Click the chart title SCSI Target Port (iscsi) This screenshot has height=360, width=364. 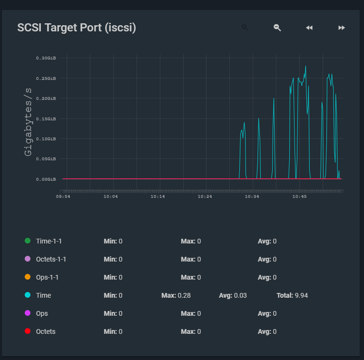[x=77, y=28]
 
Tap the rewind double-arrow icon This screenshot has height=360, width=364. [x=309, y=28]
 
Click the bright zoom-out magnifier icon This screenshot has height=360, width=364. [x=277, y=28]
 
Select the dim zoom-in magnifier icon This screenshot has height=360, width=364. [x=245, y=28]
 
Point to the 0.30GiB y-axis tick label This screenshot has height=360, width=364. [x=46, y=58]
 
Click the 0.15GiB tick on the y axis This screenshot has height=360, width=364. [x=46, y=118]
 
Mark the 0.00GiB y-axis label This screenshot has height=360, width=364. [x=46, y=179]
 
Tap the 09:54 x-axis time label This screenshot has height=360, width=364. [x=63, y=196]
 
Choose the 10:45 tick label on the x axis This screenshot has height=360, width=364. [x=300, y=196]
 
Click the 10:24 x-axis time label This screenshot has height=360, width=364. [x=205, y=196]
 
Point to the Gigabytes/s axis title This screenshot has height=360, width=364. [x=28, y=121]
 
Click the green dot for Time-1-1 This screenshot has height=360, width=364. [x=28, y=241]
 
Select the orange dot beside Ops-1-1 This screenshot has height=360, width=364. [x=28, y=277]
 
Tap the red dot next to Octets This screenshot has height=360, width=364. [x=28, y=331]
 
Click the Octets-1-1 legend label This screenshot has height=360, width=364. [x=51, y=259]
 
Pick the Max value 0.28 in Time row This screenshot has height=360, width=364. [x=184, y=295]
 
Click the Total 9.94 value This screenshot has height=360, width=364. [x=301, y=295]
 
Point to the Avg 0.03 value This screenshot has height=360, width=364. [x=240, y=295]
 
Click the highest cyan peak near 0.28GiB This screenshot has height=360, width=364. [x=305, y=66]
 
